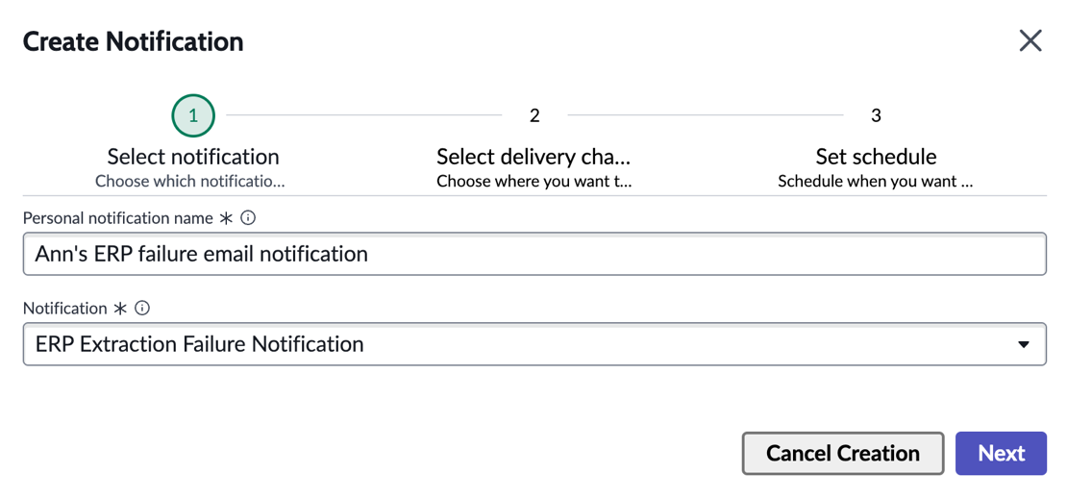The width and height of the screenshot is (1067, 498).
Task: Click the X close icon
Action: pos(1030,40)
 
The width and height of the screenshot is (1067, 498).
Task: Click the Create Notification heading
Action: pos(134,41)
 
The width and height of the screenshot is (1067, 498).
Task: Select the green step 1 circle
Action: pos(193,115)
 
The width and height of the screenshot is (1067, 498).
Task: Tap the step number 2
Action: pos(534,115)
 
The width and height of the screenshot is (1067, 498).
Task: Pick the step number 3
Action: pos(877,115)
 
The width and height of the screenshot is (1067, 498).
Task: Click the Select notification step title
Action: pos(193,157)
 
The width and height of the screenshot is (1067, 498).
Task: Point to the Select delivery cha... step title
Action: pos(534,157)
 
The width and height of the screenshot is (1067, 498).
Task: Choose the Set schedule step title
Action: pos(877,157)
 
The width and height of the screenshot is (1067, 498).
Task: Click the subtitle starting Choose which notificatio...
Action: pos(190,182)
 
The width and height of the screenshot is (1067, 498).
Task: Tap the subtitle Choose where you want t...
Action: pos(534,182)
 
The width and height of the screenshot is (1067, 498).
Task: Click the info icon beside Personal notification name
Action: pos(248,217)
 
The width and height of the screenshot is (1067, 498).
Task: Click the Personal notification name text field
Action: pos(534,254)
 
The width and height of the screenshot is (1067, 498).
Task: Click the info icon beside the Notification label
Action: pos(141,309)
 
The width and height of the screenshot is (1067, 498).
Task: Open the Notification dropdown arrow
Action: pos(1023,344)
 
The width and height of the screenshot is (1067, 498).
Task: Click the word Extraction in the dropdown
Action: pos(129,344)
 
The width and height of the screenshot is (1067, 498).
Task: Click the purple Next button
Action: pos(1001,453)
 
